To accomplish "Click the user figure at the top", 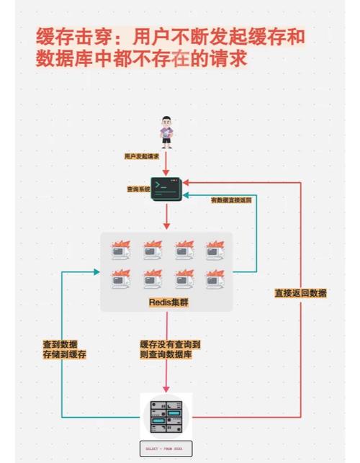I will [166, 130].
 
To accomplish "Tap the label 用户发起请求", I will [142, 156].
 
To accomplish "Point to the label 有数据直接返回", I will [231, 199].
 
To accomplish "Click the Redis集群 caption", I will [168, 302].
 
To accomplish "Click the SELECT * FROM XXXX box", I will [166, 448].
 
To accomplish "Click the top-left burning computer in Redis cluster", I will [120, 249].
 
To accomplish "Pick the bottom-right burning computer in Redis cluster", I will [215, 277].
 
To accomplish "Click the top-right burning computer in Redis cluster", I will [215, 249].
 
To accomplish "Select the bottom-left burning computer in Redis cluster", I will [120, 277].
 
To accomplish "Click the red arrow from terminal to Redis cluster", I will [166, 215].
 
